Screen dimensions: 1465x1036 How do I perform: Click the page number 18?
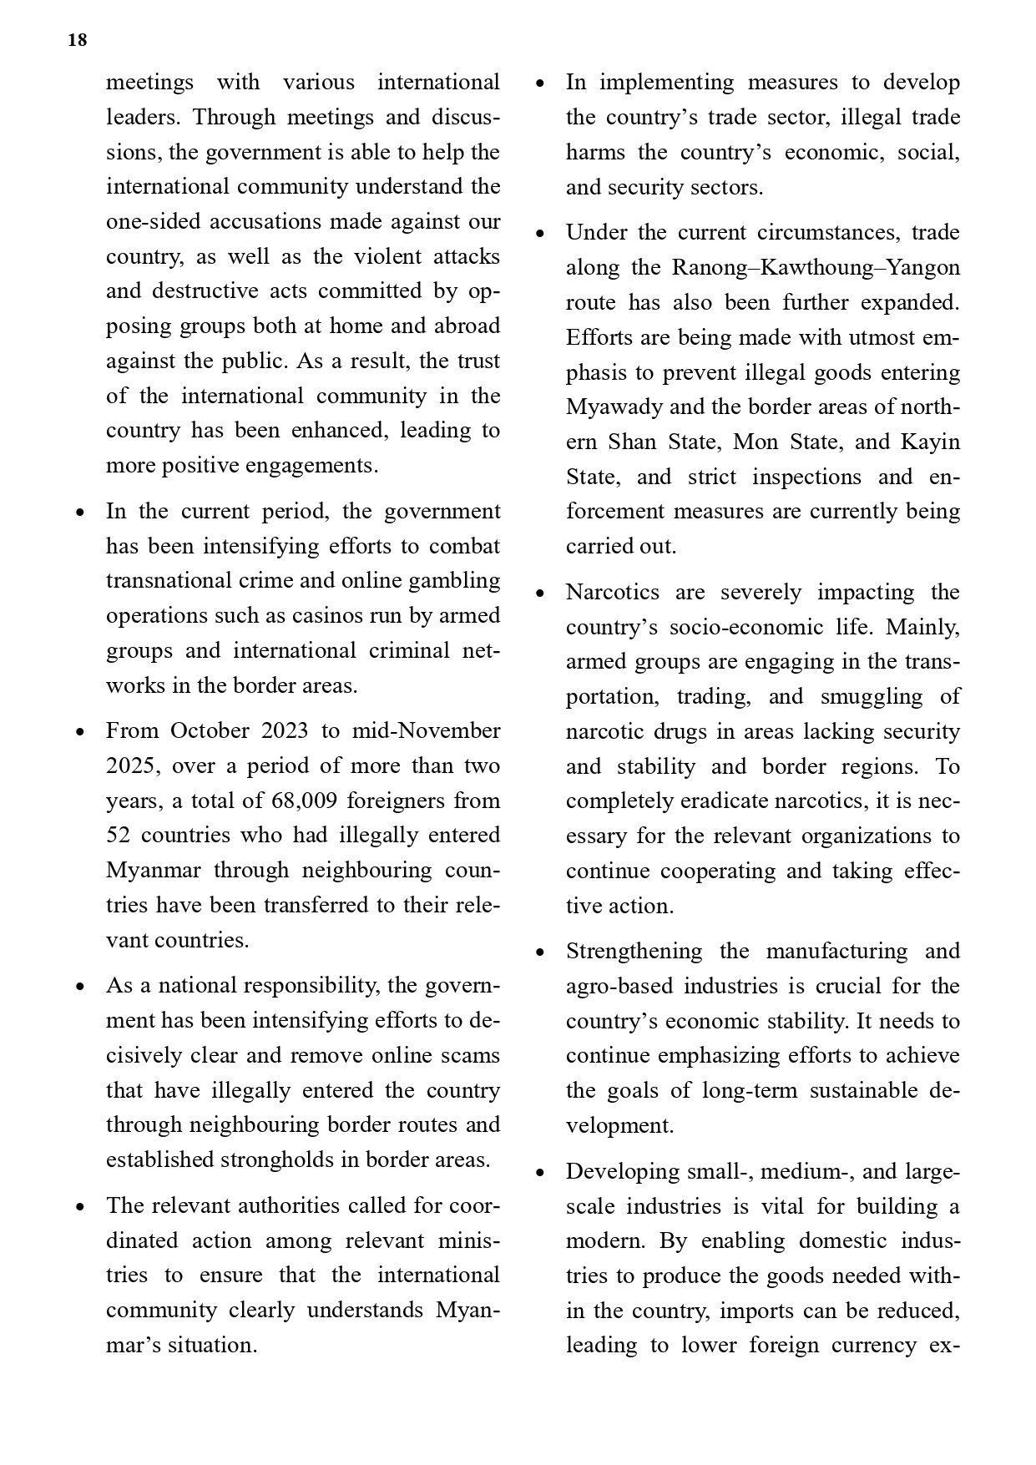[77, 40]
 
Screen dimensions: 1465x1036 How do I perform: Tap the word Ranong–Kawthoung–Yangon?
[816, 267]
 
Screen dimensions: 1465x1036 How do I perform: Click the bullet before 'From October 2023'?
[80, 732]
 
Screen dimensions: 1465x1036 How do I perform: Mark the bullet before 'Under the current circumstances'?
[540, 234]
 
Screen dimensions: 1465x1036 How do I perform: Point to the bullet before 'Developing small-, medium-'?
[540, 1173]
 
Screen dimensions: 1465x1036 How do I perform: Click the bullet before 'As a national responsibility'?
[80, 987]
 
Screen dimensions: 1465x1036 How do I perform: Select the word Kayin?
[932, 442]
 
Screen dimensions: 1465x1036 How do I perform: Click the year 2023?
[285, 730]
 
